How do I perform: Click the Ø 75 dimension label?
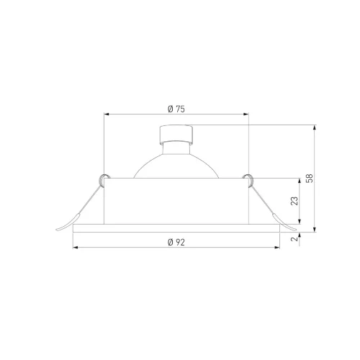[x=176, y=109]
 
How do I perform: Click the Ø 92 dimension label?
[x=176, y=242]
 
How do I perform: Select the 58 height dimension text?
[x=310, y=179]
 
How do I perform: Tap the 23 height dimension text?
[x=294, y=201]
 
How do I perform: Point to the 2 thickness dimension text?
[x=294, y=239]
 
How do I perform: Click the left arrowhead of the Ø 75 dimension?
[x=107, y=114]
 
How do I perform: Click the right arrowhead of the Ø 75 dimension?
[x=246, y=114]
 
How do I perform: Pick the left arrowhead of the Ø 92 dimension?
[x=76, y=248]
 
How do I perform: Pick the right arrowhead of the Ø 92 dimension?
[x=277, y=248]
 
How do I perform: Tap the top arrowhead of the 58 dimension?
[x=315, y=127]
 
